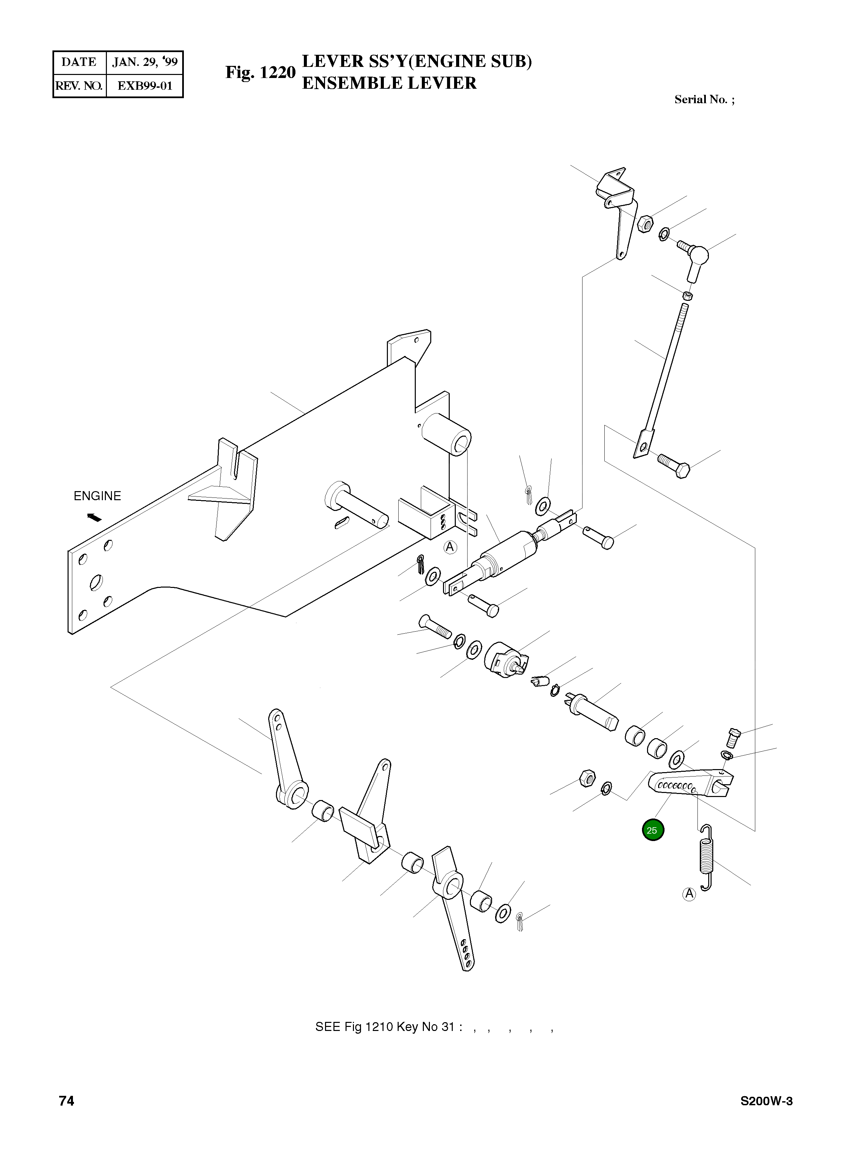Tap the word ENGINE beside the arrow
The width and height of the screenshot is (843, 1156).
click(x=97, y=496)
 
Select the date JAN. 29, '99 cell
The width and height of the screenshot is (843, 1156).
click(x=145, y=62)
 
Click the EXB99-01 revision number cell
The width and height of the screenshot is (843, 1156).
click(x=145, y=86)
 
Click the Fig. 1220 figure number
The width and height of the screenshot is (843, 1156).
click(x=260, y=73)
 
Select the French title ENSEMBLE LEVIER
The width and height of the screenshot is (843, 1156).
click(x=389, y=83)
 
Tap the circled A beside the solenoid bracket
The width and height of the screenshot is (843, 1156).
click(x=449, y=548)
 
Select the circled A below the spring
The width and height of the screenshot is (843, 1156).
click(x=689, y=894)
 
